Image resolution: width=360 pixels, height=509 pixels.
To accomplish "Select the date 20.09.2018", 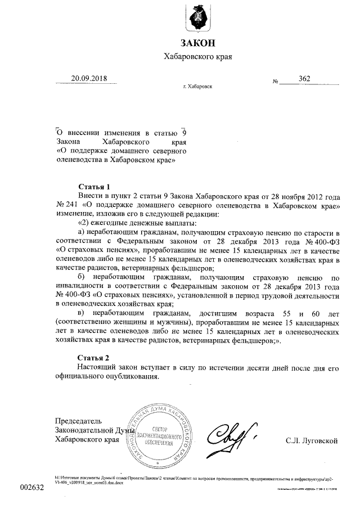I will [x=88, y=79].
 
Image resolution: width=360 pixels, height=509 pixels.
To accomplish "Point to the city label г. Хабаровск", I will [x=197, y=87].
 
